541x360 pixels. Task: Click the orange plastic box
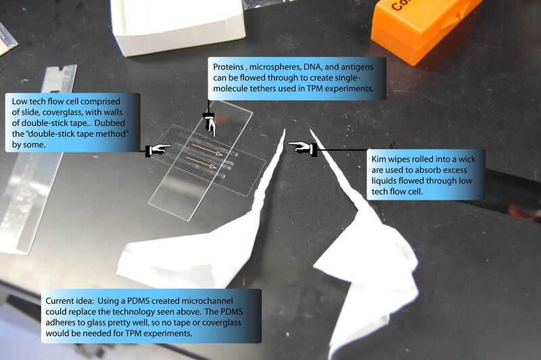coord(423,28)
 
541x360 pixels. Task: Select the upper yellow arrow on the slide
coord(208,150)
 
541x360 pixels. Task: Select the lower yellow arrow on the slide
coord(202,162)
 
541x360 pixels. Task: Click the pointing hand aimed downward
coord(210,125)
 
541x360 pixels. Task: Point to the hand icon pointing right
coord(158,150)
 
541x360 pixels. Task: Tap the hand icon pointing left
coord(302,148)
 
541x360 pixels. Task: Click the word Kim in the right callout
coord(379,159)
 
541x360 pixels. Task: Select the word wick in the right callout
coord(467,159)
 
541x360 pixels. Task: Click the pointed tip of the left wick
coord(285,129)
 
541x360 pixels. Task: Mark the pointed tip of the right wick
coord(310,130)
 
